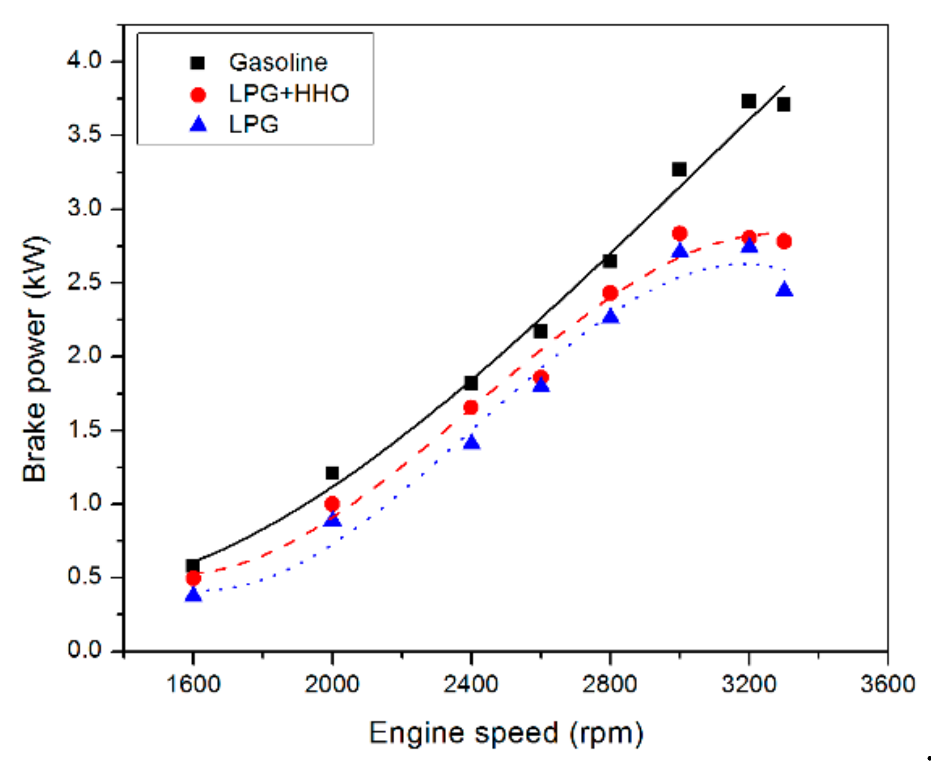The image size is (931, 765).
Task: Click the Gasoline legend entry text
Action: (278, 63)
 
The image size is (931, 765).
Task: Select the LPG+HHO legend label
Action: (289, 94)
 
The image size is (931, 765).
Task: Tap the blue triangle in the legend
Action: (198, 125)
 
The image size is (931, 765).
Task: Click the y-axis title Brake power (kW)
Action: (35, 358)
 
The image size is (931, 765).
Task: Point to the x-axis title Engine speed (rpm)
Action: (506, 733)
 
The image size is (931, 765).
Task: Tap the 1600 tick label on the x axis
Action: (193, 684)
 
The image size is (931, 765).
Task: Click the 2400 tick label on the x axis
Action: (471, 684)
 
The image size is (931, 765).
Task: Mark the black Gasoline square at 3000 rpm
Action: (679, 169)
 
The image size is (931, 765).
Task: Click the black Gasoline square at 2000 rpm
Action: (332, 472)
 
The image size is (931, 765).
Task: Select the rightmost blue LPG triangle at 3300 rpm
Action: (784, 290)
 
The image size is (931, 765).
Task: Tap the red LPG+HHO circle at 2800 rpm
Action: (610, 293)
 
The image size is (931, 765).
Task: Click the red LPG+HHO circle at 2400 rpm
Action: (471, 407)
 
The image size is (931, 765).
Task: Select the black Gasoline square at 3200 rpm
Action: (749, 101)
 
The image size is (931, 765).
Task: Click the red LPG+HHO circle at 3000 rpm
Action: (679, 233)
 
